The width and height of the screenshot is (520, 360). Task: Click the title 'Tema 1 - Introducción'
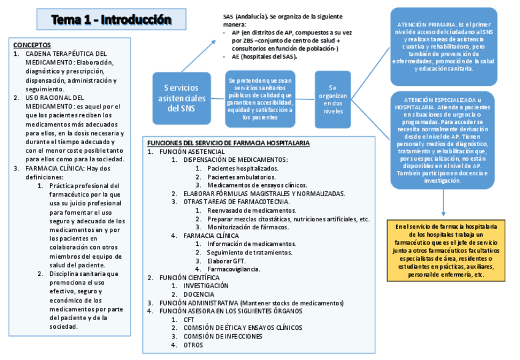click(110, 20)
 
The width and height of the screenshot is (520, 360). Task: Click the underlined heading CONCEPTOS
click(32, 45)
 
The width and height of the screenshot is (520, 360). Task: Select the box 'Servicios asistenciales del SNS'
click(182, 98)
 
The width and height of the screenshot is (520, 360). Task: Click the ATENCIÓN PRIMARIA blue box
click(443, 47)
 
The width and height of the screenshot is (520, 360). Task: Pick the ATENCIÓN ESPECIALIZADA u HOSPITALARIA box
click(443, 140)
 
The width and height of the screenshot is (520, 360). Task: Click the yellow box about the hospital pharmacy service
click(446, 250)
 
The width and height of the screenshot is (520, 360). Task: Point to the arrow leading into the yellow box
click(443, 202)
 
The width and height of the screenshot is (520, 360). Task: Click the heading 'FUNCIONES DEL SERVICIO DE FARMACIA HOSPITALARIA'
click(228, 143)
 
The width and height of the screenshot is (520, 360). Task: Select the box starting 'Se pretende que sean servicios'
click(260, 99)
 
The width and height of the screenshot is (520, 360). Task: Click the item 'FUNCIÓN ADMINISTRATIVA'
click(198, 303)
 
